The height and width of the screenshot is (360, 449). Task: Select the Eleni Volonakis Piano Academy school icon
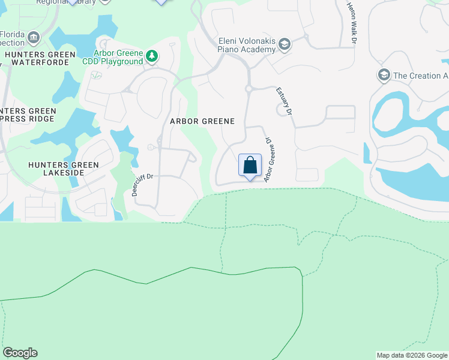coord(285,44)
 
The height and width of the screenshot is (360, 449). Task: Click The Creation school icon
coord(383,76)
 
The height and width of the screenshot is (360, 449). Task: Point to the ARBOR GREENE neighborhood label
coord(202,121)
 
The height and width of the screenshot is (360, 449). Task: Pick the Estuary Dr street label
coord(284,101)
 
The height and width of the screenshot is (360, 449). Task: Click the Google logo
coord(20,353)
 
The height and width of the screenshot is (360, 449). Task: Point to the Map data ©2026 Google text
coord(412,355)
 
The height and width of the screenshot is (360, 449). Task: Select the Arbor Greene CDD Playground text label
coord(118,57)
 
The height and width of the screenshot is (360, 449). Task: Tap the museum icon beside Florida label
coord(34,39)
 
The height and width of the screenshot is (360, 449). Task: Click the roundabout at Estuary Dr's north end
coord(248,89)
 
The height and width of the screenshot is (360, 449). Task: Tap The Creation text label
coord(420,76)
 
